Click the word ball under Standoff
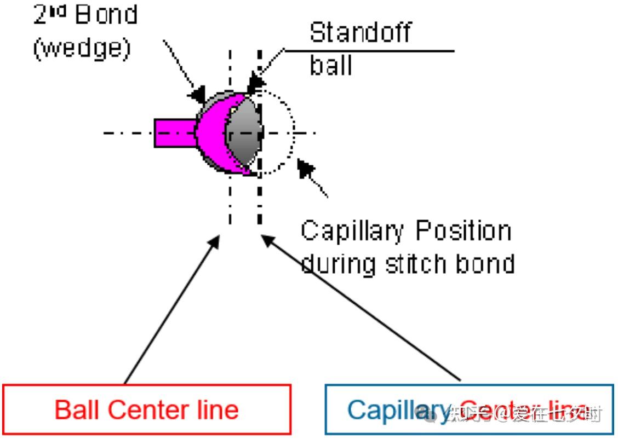[x=331, y=66]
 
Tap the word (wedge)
[x=82, y=49]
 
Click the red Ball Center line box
[x=147, y=409]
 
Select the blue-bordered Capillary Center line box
[x=469, y=409]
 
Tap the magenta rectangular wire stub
[x=174, y=133]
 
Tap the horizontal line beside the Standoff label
[x=373, y=51]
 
